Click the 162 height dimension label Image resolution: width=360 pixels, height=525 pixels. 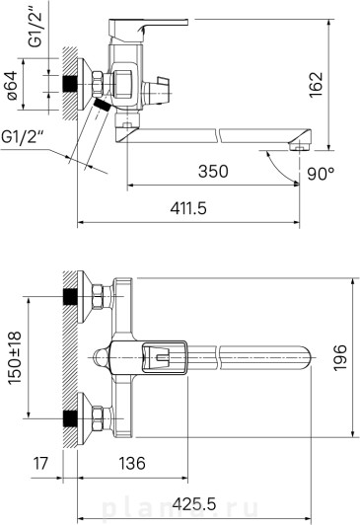[317, 85]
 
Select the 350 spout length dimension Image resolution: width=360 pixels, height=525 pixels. [213, 171]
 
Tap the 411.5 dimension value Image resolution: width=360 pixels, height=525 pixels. [188, 208]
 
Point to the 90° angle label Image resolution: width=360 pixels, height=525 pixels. [321, 174]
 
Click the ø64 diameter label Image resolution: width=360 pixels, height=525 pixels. [13, 85]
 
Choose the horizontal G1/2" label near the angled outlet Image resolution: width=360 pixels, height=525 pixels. [23, 137]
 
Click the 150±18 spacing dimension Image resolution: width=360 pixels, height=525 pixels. [15, 357]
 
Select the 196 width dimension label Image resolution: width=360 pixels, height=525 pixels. [340, 357]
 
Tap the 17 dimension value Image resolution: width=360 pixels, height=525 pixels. [40, 464]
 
